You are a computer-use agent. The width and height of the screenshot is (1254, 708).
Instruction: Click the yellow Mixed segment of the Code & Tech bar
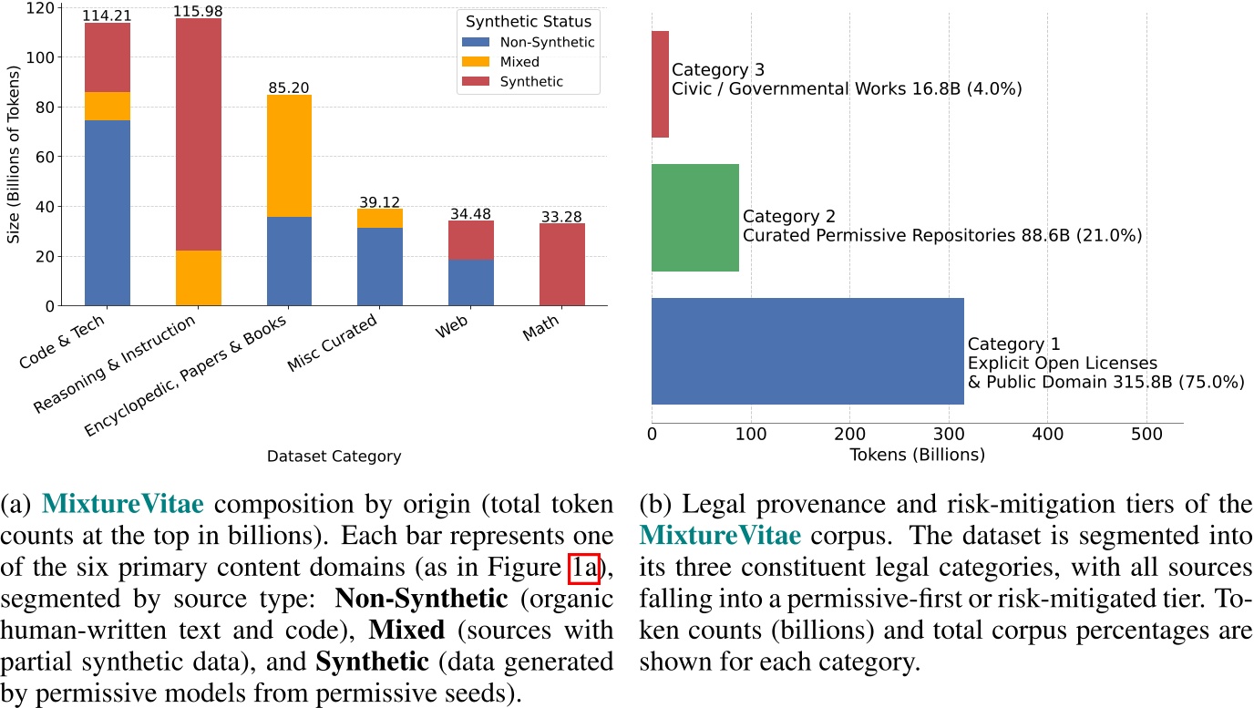[108, 106]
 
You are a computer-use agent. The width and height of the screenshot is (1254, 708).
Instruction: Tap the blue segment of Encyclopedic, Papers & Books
[289, 261]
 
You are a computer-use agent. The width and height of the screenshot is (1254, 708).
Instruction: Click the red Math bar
[562, 264]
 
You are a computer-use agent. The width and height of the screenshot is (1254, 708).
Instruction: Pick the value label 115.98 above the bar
[198, 10]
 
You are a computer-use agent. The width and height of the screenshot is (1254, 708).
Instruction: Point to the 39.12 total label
[380, 202]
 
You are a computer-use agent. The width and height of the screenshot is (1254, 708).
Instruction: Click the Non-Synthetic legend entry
[542, 42]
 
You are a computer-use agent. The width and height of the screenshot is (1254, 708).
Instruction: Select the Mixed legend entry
[519, 62]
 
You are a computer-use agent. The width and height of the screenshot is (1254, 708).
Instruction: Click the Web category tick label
[454, 330]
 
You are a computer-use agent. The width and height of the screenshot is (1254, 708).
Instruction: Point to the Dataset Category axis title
[334, 457]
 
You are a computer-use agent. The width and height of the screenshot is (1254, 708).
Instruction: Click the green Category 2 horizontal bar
[695, 218]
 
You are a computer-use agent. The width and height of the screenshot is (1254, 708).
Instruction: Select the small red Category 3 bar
[661, 84]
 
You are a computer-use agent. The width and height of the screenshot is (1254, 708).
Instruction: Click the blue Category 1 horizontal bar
[807, 351]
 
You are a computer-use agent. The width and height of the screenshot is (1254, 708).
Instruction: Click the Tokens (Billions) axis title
[917, 455]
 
